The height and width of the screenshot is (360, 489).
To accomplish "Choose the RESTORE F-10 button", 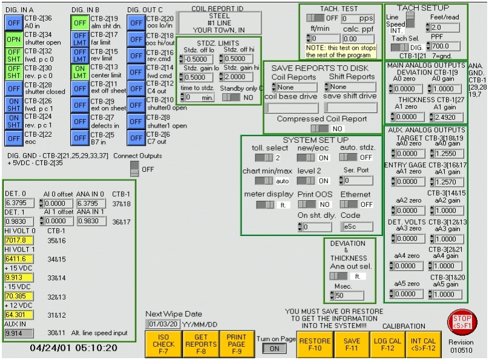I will click(x=315, y=344).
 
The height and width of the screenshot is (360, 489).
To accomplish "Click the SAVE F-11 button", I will click(x=352, y=344).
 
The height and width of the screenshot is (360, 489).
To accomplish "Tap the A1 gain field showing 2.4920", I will click(x=444, y=117).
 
